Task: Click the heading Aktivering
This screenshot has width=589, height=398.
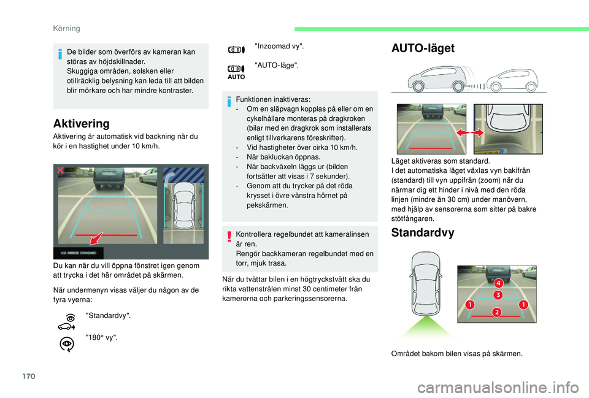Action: [81, 123]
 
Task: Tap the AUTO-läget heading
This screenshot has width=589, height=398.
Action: [423, 48]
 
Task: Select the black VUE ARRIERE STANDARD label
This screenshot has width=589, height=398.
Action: [79, 252]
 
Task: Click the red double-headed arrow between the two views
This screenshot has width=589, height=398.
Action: [470, 132]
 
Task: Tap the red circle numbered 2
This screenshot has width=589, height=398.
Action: [496, 313]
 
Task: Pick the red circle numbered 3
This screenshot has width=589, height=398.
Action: [499, 295]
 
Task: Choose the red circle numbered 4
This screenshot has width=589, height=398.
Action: [499, 283]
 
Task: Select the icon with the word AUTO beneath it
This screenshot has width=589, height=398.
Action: [237, 71]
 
